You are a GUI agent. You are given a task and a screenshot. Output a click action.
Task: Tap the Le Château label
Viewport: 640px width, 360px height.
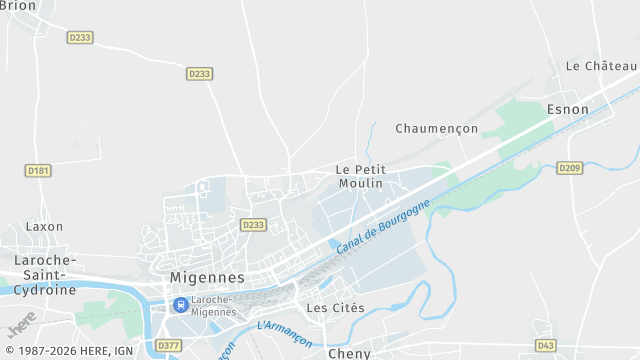click(602, 66)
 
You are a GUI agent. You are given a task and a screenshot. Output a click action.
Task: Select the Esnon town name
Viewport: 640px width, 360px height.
click(567, 109)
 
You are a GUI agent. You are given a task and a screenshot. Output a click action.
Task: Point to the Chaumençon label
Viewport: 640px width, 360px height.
click(436, 129)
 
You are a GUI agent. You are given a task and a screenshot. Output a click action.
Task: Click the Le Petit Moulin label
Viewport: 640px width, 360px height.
click(360, 176)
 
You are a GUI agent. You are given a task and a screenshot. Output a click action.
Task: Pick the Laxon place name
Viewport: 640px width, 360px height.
click(44, 227)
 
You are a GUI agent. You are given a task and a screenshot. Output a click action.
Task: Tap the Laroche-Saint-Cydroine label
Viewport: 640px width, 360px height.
click(44, 275)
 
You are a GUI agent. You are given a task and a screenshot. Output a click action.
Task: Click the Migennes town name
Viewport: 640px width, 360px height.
click(207, 277)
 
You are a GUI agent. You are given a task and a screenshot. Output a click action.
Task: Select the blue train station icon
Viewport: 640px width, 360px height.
click(180, 304)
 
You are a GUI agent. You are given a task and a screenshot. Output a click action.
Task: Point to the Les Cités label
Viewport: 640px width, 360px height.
click(335, 308)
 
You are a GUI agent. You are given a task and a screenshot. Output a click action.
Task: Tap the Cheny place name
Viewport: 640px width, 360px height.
click(349, 353)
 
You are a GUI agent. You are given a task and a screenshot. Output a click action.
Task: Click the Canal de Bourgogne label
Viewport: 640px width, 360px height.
click(383, 226)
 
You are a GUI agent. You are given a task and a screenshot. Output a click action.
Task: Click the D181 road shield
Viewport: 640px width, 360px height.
click(38, 171)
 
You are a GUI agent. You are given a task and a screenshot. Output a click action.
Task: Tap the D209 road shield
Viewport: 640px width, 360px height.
click(569, 168)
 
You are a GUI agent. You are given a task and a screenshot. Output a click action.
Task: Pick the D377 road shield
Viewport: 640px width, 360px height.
click(169, 345)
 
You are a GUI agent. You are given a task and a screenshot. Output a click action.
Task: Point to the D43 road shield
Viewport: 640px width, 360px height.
click(545, 345)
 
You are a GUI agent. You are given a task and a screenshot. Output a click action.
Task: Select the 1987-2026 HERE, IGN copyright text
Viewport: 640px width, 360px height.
click(68, 351)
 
